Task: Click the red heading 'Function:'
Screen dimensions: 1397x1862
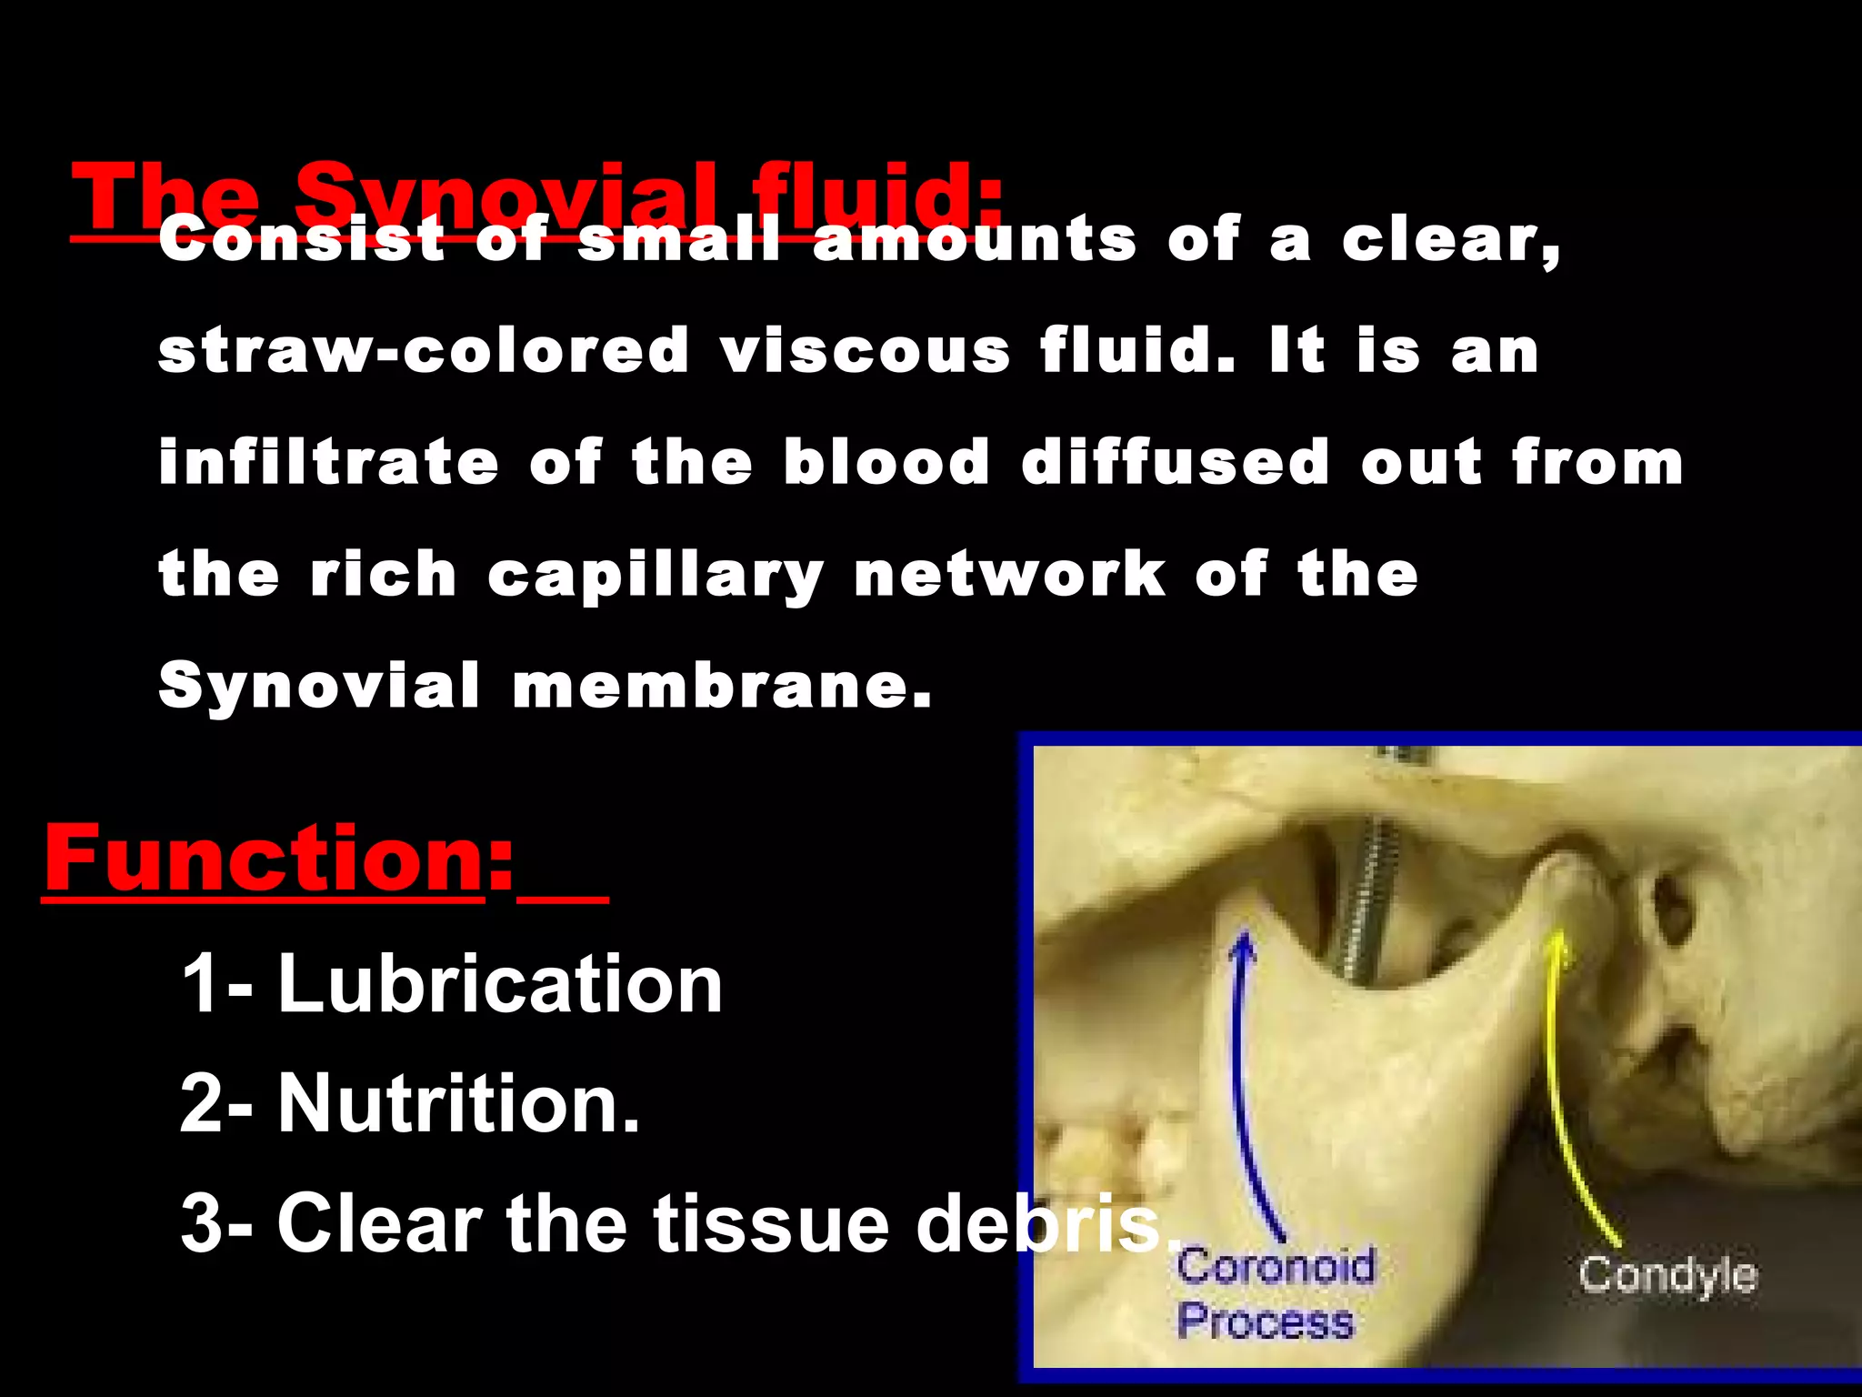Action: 278,859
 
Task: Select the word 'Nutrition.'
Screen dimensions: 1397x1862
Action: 458,1102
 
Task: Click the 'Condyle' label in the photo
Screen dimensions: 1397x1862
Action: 1667,1275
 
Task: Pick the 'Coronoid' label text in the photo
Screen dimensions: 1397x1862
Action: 1276,1265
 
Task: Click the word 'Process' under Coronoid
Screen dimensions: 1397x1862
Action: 1265,1321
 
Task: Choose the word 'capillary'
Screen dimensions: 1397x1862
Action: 656,576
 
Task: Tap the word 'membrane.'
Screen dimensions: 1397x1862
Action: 723,686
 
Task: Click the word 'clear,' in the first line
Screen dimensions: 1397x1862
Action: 1451,240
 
